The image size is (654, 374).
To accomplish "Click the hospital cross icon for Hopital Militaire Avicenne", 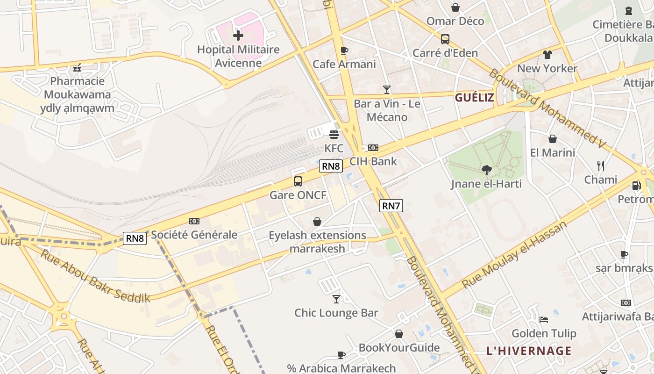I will coord(238,35).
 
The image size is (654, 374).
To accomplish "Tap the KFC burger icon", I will coord(334,135).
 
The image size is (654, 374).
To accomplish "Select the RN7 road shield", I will coord(391,206).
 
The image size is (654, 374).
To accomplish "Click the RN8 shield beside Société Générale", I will coord(135,238).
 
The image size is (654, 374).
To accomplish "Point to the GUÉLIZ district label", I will coord(474,98).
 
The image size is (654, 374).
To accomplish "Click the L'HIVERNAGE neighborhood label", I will coord(529,351).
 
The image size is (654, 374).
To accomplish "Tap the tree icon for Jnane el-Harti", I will coord(486,170).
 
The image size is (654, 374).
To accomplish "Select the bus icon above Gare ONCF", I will coord(298,181).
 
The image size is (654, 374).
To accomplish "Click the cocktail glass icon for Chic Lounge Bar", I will coord(336,299).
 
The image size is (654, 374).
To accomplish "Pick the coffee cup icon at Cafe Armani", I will coord(344,50).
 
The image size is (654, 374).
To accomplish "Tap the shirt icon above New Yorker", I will coord(547,55).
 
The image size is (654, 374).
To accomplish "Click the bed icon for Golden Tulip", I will coord(544,320).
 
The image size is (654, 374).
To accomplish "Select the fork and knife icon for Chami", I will coord(601,165).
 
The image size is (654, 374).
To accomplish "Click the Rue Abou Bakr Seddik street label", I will coord(95,276).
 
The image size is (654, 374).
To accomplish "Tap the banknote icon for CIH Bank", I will coord(373,148).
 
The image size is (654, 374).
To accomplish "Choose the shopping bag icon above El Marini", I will coord(553,139).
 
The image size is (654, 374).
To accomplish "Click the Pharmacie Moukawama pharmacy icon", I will coord(78,68).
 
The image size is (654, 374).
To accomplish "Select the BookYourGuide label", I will coord(399,347).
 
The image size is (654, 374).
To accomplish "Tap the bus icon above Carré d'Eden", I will coord(445,39).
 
